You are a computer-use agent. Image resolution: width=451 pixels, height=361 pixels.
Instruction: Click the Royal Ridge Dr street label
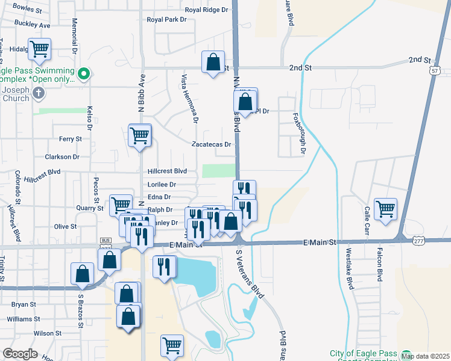tap(207, 10)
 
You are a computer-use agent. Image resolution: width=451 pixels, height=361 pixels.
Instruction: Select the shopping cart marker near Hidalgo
tap(40, 49)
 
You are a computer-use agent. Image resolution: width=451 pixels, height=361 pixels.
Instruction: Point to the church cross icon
tap(39, 93)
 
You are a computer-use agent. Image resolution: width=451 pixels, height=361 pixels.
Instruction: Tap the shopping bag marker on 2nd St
tap(213, 63)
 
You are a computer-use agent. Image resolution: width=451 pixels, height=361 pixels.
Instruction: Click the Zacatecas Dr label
tap(211, 144)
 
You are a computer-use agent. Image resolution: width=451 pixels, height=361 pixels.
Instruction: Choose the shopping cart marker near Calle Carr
tap(385, 209)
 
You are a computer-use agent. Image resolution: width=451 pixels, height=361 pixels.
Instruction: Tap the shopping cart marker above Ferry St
tap(140, 135)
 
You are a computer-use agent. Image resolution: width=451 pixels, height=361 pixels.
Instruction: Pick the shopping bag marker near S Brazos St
tap(82, 274)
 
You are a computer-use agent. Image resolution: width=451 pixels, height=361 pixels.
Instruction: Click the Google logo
tap(20, 354)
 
